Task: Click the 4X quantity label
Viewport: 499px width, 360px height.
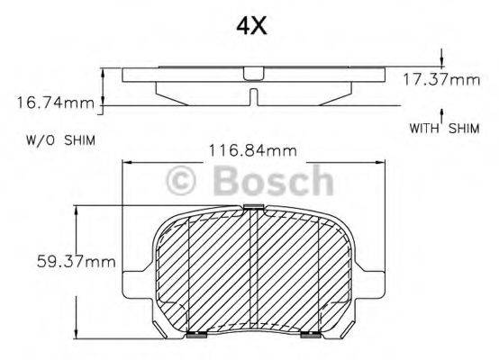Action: (x=250, y=26)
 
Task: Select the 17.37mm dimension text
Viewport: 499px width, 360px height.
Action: (x=441, y=80)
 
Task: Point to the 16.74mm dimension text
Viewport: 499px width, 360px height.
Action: (x=54, y=103)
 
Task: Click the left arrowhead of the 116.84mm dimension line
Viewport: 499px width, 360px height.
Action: (x=125, y=162)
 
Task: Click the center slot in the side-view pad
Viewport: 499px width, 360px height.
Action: (x=254, y=95)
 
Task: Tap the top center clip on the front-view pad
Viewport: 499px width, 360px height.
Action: (x=252, y=209)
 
